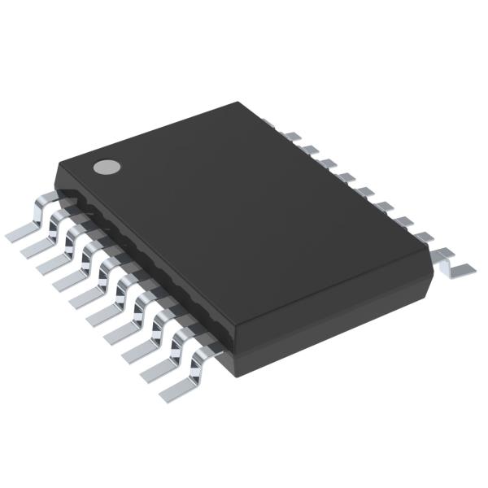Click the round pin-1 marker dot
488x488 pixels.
point(106,167)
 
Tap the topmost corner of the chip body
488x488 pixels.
point(238,103)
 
